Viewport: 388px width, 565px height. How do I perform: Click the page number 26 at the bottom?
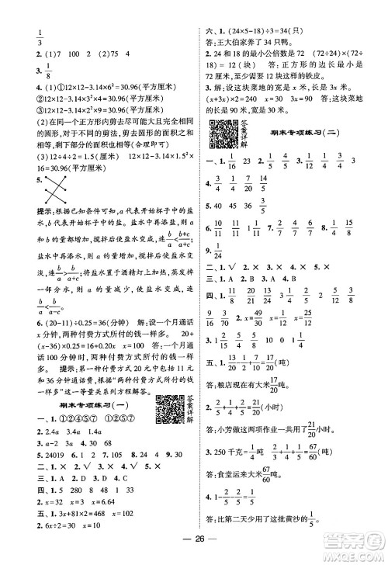coord(194,542)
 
